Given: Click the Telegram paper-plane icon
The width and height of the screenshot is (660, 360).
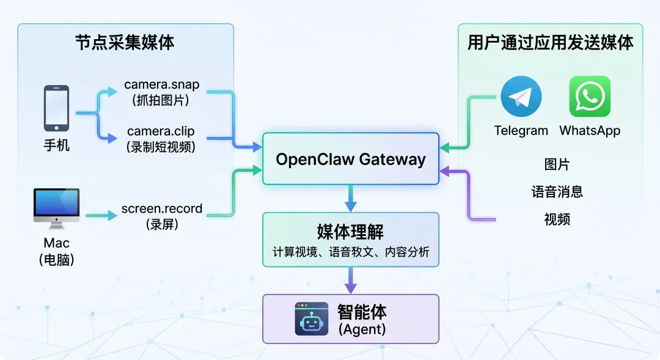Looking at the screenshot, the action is (x=521, y=97).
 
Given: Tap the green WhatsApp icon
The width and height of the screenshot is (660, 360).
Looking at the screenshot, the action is (x=590, y=97).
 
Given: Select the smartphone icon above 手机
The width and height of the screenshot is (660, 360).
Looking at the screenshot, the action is (x=56, y=108).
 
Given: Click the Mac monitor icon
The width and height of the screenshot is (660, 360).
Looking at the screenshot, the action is (x=56, y=208).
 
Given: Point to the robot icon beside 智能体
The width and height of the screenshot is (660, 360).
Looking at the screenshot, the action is (x=312, y=318).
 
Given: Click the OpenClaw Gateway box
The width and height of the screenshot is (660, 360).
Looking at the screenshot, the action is (x=351, y=159).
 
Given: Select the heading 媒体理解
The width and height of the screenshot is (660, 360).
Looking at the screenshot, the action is (x=350, y=232).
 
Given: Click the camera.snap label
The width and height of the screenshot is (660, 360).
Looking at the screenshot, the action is (x=161, y=84).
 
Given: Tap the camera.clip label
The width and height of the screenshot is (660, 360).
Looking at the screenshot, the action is (x=161, y=131).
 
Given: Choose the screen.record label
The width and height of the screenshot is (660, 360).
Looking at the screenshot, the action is (x=161, y=208).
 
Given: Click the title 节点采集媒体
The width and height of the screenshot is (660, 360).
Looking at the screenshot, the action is (x=125, y=43).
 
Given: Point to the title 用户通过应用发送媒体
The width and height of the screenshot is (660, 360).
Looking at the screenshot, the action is (x=550, y=43).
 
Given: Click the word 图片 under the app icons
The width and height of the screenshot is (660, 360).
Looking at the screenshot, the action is (x=557, y=164).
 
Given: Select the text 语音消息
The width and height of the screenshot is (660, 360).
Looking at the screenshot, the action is (x=557, y=192).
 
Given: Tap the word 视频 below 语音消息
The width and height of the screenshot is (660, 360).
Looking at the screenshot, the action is (x=557, y=219).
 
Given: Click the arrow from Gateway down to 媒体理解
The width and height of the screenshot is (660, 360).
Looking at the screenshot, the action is (x=351, y=198).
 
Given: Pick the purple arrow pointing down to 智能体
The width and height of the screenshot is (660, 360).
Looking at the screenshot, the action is (x=351, y=281).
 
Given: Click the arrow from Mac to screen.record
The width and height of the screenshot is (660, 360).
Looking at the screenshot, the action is (x=101, y=216).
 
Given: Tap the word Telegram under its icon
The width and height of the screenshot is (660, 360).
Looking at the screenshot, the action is (x=521, y=131).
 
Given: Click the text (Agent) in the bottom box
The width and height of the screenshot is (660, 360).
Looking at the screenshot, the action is (x=362, y=329).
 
